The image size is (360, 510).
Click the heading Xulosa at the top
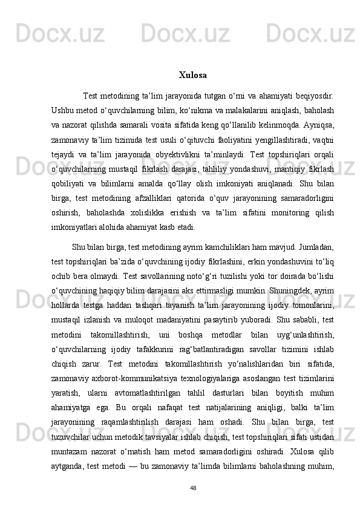192,76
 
